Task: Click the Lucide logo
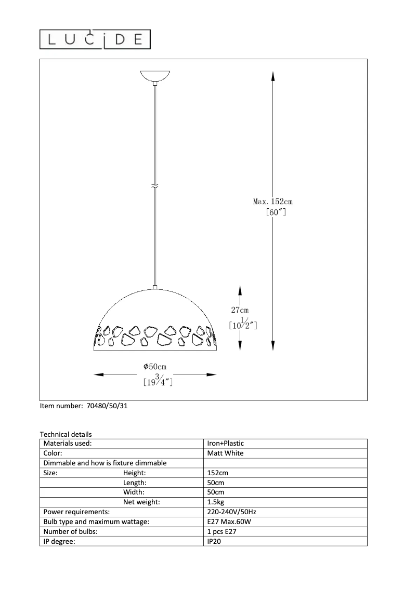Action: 95,39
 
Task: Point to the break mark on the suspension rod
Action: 155,185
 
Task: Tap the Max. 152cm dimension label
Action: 273,202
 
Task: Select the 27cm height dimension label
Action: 240,310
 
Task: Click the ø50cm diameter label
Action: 155,367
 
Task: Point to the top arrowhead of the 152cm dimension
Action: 273,76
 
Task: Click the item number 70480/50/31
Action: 105,407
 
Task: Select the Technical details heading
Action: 66,434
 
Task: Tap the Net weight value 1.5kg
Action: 216,502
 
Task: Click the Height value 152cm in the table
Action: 217,473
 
